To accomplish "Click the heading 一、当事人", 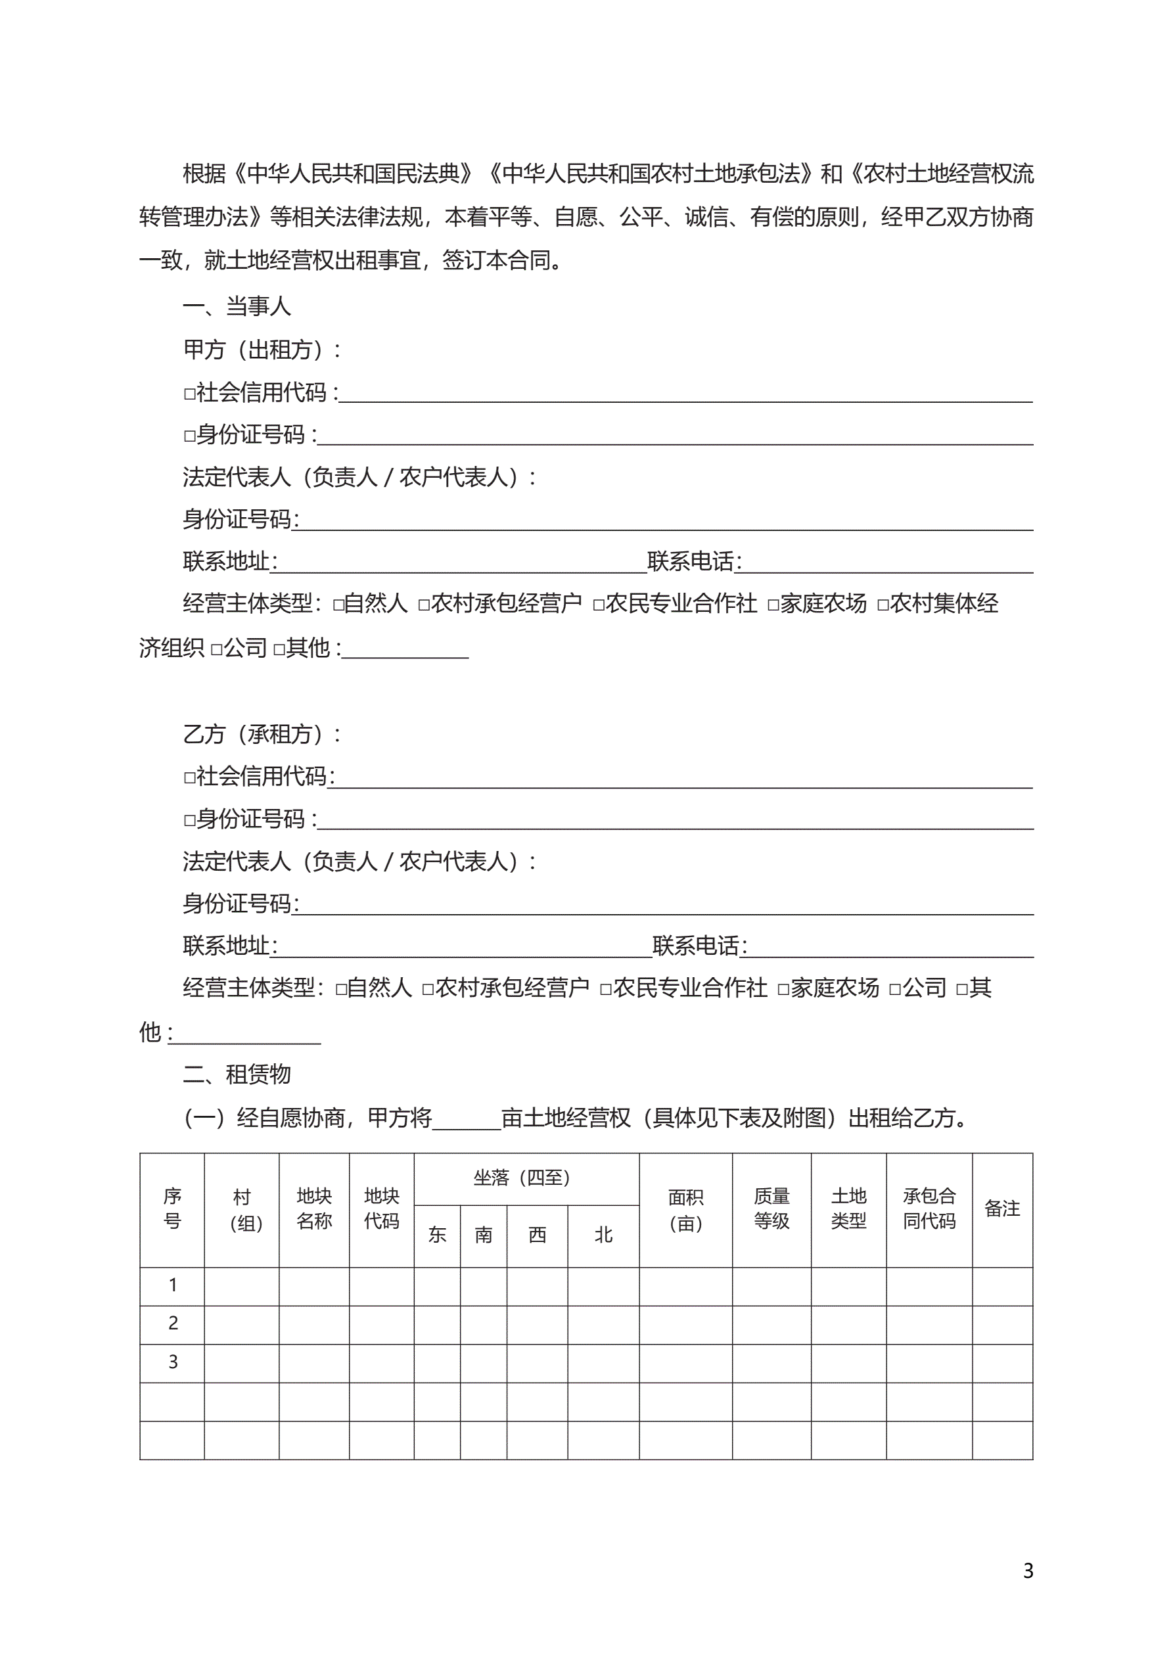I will coord(237,306).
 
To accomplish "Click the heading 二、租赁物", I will coord(237,1074).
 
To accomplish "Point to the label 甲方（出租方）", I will coord(261,350).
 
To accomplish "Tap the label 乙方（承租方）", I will coord(261,735).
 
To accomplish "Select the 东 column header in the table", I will coord(437,1235).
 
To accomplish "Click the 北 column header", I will coord(603,1235).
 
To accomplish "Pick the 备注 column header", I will coord(1001,1209).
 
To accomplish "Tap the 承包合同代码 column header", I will coord(929,1209).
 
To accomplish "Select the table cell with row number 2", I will coord(173,1323).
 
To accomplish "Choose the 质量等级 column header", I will coord(771,1209).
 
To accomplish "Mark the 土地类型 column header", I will coord(848,1209).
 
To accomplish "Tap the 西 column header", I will coord(537,1235).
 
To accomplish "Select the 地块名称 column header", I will coord(314,1209).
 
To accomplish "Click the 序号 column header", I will coord(172,1209).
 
